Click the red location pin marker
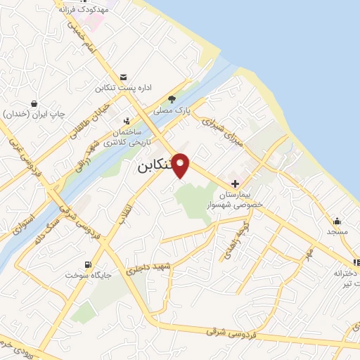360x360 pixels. pos(181,165)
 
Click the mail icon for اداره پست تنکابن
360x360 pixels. pos(124,77)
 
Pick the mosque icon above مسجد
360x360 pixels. pos(337,220)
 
